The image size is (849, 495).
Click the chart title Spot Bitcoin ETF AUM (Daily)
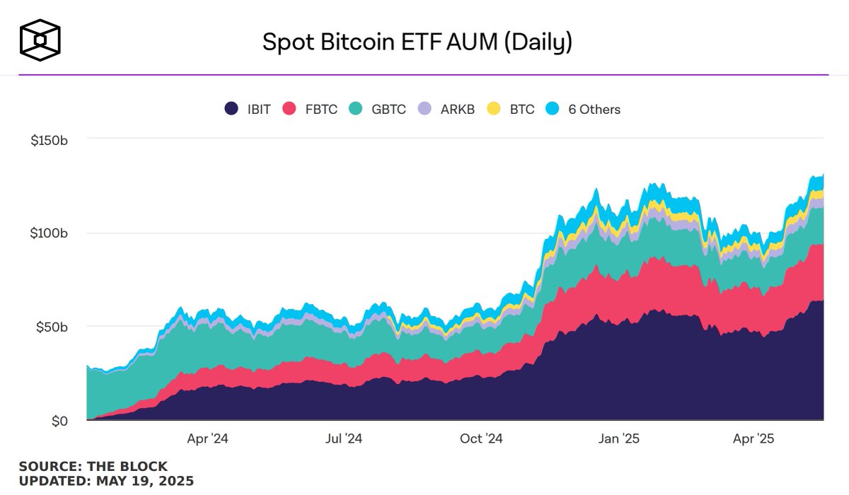click(417, 42)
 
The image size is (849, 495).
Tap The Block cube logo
click(40, 40)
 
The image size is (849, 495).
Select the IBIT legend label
click(259, 110)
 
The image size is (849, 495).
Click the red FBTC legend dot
click(289, 109)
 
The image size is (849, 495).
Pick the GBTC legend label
click(388, 110)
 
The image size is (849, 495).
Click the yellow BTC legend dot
click(494, 109)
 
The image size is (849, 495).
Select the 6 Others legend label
click(594, 110)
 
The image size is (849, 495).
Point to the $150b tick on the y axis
click(49, 140)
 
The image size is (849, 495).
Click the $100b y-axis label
click(49, 233)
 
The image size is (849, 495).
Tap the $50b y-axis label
click(52, 327)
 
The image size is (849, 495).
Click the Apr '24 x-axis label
click(207, 439)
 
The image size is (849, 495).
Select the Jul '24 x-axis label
click(344, 439)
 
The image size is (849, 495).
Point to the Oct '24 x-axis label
click(481, 439)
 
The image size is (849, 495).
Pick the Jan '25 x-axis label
click(619, 439)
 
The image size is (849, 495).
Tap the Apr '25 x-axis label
click(754, 439)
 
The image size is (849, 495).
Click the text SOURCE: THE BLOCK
click(93, 467)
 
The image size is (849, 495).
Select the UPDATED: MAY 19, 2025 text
click(106, 481)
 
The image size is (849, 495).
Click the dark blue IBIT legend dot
click(231, 109)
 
